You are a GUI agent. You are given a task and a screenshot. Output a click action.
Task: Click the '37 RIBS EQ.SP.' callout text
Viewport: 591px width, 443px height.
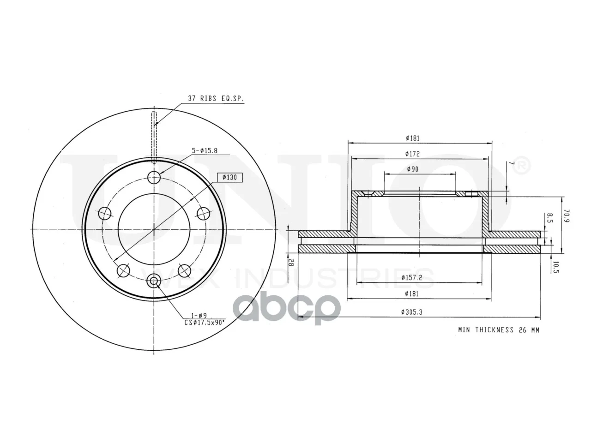[216, 98]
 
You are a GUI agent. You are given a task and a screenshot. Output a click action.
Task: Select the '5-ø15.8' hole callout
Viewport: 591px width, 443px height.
[205, 150]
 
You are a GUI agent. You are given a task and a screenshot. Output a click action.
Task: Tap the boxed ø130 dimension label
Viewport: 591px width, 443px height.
[229, 177]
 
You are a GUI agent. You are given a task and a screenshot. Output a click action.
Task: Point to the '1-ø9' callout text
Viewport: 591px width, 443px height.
[199, 315]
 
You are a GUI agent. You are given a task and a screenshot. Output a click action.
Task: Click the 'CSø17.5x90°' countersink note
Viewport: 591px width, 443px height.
[205, 322]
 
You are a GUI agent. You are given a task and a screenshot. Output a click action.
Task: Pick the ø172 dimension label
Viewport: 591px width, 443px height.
[412, 154]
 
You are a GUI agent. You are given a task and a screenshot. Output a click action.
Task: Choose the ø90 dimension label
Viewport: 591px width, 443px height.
[412, 169]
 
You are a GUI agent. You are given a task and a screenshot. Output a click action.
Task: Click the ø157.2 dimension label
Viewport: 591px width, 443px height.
[412, 277]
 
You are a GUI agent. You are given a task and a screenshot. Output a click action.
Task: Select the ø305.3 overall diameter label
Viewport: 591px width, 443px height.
[412, 312]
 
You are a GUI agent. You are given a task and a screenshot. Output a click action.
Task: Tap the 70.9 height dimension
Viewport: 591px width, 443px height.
[567, 216]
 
